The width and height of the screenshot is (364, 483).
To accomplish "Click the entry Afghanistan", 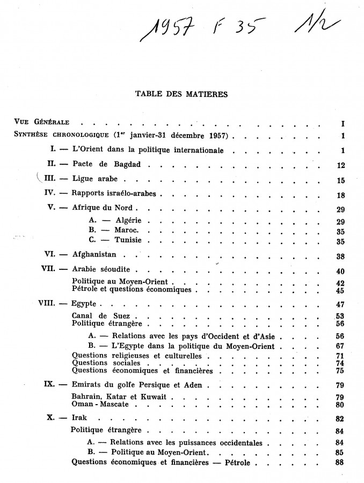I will (94, 255).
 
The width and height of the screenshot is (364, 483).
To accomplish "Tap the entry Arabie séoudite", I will (105, 270).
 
